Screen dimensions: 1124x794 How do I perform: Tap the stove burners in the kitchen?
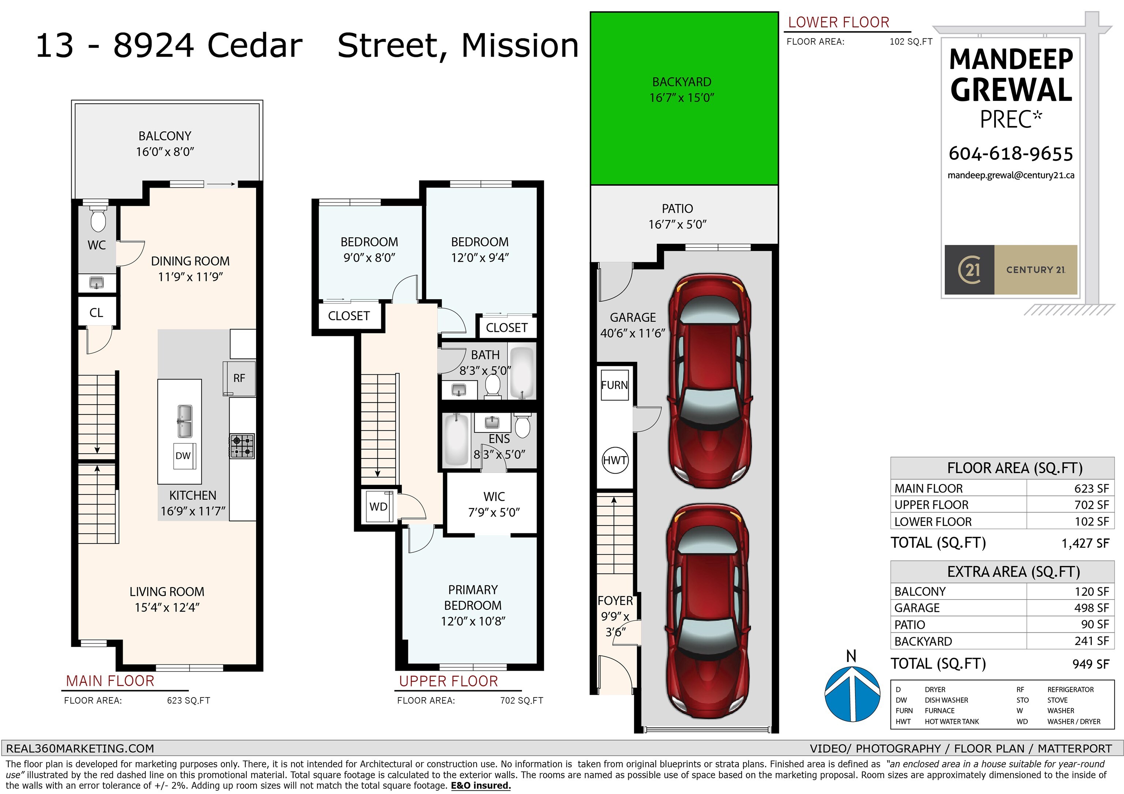242,446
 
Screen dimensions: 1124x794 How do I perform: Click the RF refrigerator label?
239,378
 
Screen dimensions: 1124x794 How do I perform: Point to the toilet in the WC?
98,220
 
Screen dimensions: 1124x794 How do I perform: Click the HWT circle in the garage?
615,460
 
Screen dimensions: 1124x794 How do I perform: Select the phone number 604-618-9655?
1011,154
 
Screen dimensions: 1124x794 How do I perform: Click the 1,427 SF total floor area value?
1085,544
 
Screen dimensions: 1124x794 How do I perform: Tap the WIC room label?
494,496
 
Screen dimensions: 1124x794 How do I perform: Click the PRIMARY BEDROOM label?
473,597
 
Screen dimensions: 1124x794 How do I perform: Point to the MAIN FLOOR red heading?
110,681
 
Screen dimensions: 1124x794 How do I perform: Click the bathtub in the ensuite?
456,439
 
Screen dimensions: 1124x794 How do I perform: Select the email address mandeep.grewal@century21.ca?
1011,175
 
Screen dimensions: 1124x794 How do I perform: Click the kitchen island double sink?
184,421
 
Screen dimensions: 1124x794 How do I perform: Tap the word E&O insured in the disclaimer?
481,786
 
